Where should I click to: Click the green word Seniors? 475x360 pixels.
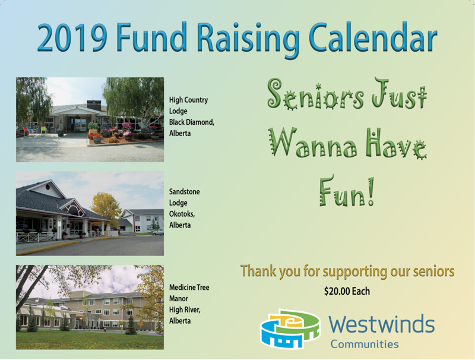pyautogui.click(x=315, y=94)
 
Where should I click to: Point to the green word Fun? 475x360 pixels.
pyautogui.click(x=347, y=191)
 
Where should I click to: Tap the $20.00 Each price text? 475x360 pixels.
pyautogui.click(x=347, y=291)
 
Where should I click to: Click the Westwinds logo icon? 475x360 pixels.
pyautogui.click(x=290, y=329)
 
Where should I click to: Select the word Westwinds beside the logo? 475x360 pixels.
pyautogui.click(x=382, y=324)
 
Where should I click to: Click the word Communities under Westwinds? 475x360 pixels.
pyautogui.click(x=365, y=344)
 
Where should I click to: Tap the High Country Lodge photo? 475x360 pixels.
pyautogui.click(x=90, y=119)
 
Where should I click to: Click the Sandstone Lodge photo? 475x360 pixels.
pyautogui.click(x=90, y=213)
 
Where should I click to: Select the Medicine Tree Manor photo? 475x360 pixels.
pyautogui.click(x=90, y=307)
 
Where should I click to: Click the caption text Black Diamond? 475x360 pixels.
pyautogui.click(x=192, y=122)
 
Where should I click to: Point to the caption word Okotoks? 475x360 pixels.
pyautogui.click(x=182, y=214)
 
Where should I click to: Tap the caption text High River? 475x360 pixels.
pyautogui.click(x=185, y=310)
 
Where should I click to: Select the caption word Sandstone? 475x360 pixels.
pyautogui.click(x=185, y=191)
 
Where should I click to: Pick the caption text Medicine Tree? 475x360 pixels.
pyautogui.click(x=189, y=288)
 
